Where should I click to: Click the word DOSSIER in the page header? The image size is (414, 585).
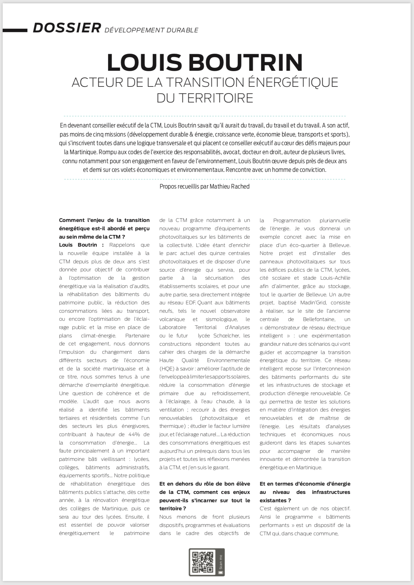tap(67, 28)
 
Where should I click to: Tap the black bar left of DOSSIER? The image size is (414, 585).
tap(15, 30)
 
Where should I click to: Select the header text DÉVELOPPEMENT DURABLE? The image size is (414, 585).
tap(151, 30)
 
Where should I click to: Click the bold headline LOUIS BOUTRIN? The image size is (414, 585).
tap(205, 62)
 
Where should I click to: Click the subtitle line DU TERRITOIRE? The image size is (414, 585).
tap(205, 98)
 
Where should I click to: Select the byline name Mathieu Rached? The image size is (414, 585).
tap(229, 187)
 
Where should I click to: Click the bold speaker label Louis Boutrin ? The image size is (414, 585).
tap(81, 245)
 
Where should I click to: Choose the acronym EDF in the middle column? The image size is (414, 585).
tap(190, 303)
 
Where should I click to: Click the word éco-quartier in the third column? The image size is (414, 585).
tap(299, 245)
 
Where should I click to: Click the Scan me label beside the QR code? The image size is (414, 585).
tap(220, 562)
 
